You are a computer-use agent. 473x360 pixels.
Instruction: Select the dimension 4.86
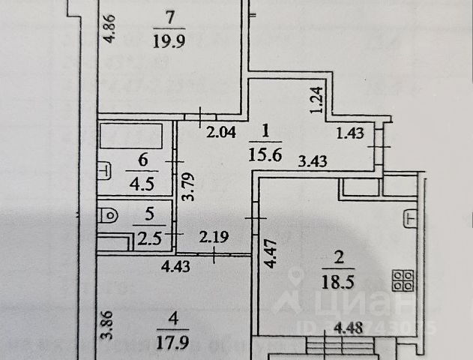108,29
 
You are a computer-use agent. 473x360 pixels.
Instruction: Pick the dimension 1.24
317,100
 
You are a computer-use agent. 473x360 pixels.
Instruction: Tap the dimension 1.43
352,134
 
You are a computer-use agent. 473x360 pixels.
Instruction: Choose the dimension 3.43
313,159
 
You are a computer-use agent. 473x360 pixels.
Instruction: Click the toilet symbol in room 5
109,214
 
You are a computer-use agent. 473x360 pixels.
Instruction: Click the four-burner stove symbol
403,280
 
